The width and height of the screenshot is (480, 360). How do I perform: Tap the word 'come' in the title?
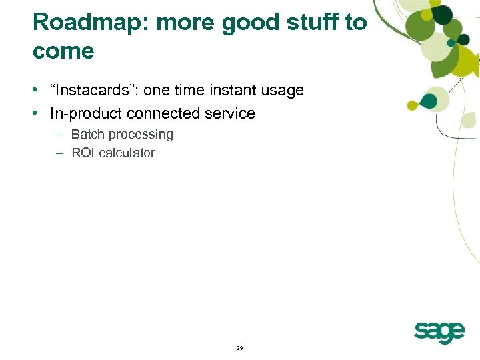coord(63,51)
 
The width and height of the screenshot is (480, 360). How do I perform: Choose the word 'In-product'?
coord(83,113)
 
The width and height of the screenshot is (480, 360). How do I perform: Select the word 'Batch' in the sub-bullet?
coord(87,135)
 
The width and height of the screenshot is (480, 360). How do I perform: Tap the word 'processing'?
coord(141,135)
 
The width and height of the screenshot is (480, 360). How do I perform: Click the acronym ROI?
coord(83,153)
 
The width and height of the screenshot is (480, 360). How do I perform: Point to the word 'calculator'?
coord(127,153)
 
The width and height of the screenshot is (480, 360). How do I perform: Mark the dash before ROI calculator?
coord(59,153)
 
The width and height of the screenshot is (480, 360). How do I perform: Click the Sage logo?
coord(439,331)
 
